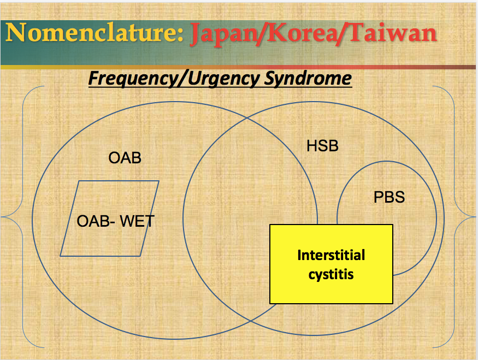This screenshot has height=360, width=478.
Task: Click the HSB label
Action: pos(322,146)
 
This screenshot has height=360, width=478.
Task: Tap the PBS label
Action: pos(389,197)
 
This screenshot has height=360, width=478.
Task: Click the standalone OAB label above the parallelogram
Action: pos(125,158)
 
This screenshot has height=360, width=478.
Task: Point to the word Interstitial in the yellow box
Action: pos(331,255)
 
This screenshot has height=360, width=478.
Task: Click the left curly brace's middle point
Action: pos(4,217)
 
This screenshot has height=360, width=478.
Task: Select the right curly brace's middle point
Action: pos(473,217)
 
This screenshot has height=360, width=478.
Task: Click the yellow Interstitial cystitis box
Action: pos(331,290)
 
